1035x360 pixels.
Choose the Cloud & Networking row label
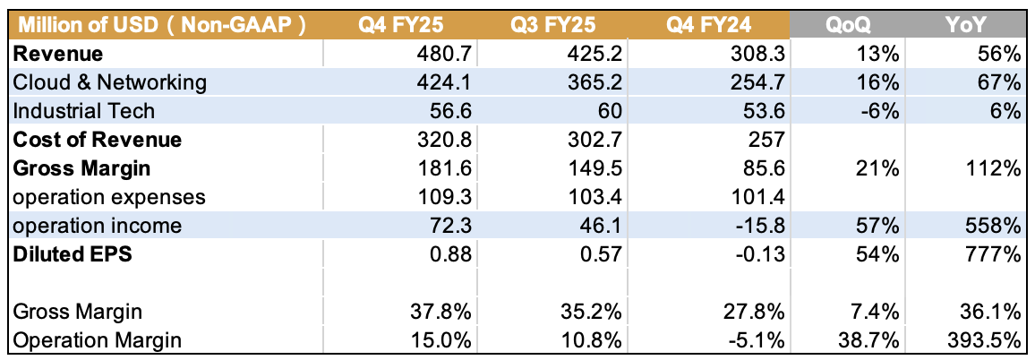click(x=110, y=83)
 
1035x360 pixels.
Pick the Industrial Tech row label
click(x=84, y=111)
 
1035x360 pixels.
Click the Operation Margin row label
click(x=97, y=340)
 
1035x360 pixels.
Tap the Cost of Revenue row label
click(x=97, y=140)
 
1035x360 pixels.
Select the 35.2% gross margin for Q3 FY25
click(x=592, y=312)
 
